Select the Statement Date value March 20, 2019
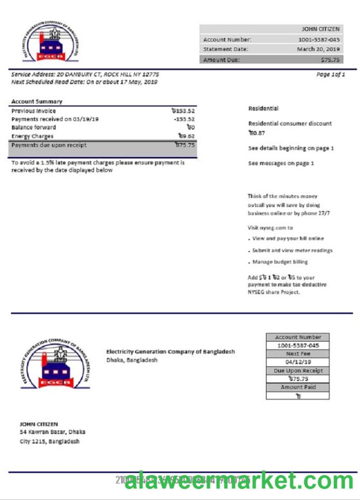click(318, 49)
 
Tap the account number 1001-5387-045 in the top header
click(319, 40)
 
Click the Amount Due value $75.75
click(330, 59)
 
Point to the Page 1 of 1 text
click(330, 75)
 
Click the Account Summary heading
click(36, 102)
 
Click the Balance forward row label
click(34, 127)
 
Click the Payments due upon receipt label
click(49, 146)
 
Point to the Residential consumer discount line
click(290, 124)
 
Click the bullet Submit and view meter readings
click(292, 250)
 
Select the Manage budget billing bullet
click(280, 262)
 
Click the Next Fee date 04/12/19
click(298, 362)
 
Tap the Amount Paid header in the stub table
click(298, 387)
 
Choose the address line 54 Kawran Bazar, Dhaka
click(52, 432)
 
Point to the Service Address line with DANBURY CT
click(85, 75)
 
